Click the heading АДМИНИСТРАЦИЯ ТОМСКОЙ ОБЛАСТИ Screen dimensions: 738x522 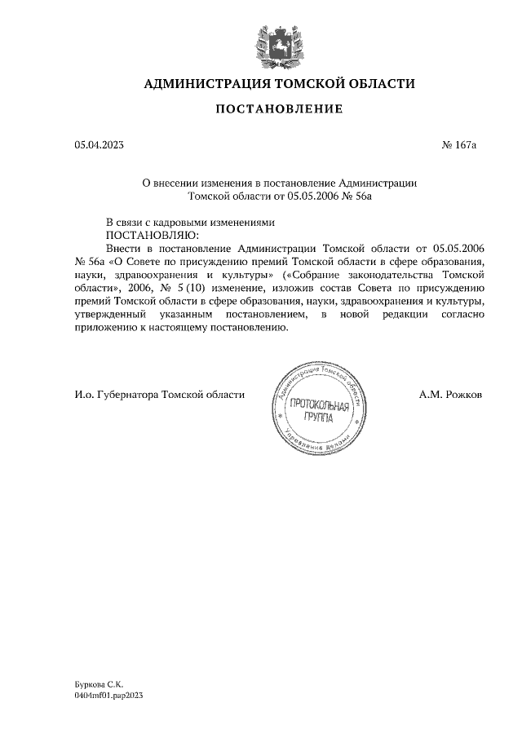click(x=279, y=84)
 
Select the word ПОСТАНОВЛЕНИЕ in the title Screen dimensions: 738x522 click(x=279, y=108)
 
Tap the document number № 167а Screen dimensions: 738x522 click(x=458, y=145)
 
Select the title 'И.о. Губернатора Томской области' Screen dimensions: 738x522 click(x=159, y=395)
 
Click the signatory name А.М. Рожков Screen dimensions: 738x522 click(x=450, y=395)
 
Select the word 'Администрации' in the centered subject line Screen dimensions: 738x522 click(x=377, y=183)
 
